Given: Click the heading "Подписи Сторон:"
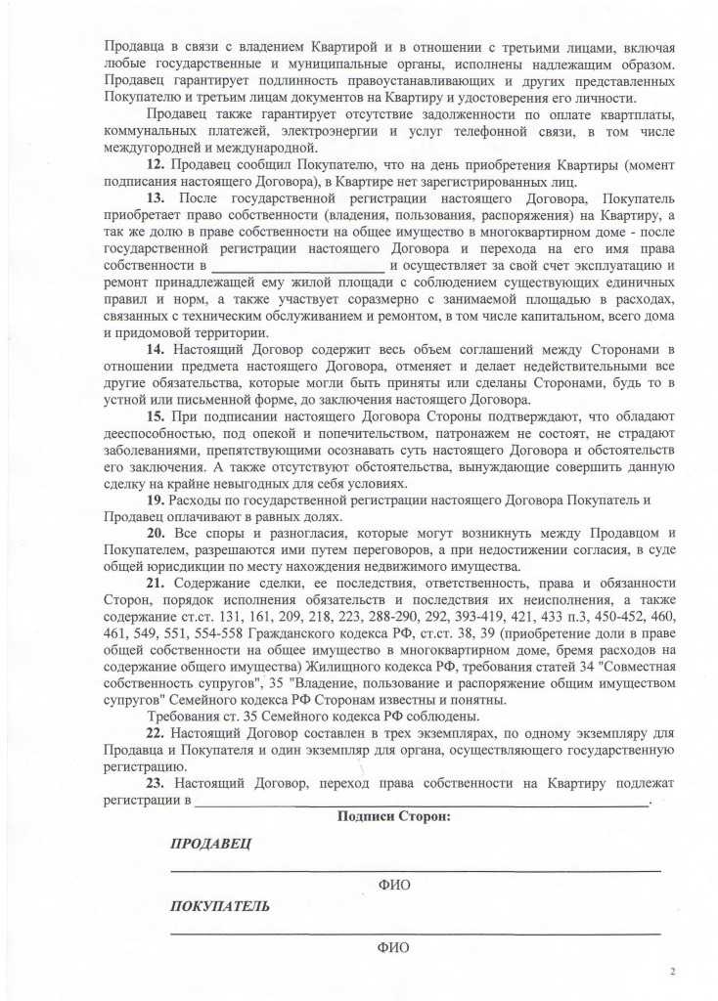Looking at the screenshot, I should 393,816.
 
